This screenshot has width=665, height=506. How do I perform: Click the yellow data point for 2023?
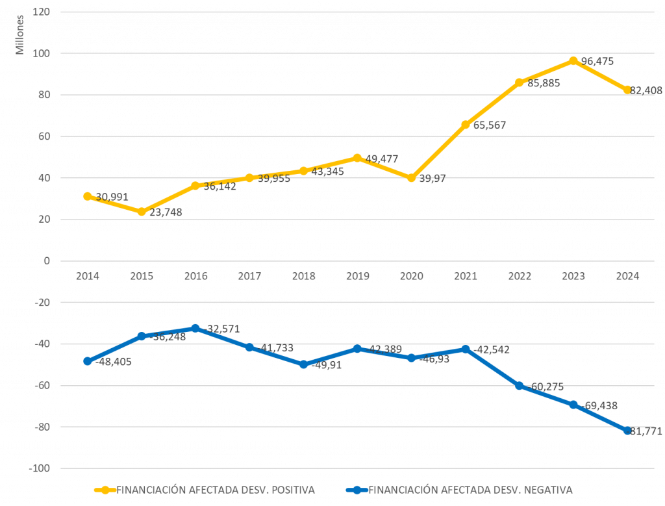tap(573, 61)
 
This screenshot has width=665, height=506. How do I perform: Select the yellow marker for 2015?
tap(142, 212)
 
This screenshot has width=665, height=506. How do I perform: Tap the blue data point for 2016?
tap(195, 328)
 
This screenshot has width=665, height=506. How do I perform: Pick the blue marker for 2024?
tap(627, 431)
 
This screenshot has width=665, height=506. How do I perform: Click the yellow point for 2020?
tap(411, 178)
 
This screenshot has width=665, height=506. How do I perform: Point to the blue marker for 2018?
tap(303, 364)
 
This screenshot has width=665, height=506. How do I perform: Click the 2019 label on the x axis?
tap(357, 276)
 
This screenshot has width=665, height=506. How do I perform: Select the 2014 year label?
tap(88, 276)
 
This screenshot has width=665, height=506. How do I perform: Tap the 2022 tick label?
tap(519, 276)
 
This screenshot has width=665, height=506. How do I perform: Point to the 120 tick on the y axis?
tap(41, 12)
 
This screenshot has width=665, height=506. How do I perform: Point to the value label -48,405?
tap(113, 362)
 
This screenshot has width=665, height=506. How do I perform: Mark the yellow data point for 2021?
tap(465, 125)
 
